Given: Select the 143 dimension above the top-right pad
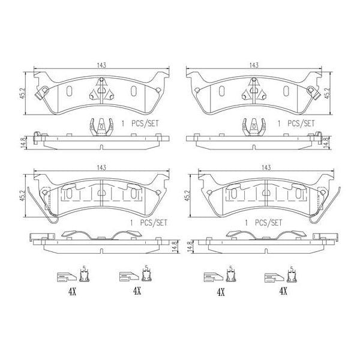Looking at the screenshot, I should tap(254, 65).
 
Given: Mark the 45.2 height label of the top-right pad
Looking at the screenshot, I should tap(327, 90).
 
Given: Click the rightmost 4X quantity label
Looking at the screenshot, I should tap(283, 292).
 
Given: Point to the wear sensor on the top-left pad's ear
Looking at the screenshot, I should tap(43, 93).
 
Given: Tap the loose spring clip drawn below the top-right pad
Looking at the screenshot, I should tap(254, 127).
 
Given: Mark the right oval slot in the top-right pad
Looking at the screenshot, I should tap(286, 91).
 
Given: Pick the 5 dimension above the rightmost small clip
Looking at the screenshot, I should tap(291, 268).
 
